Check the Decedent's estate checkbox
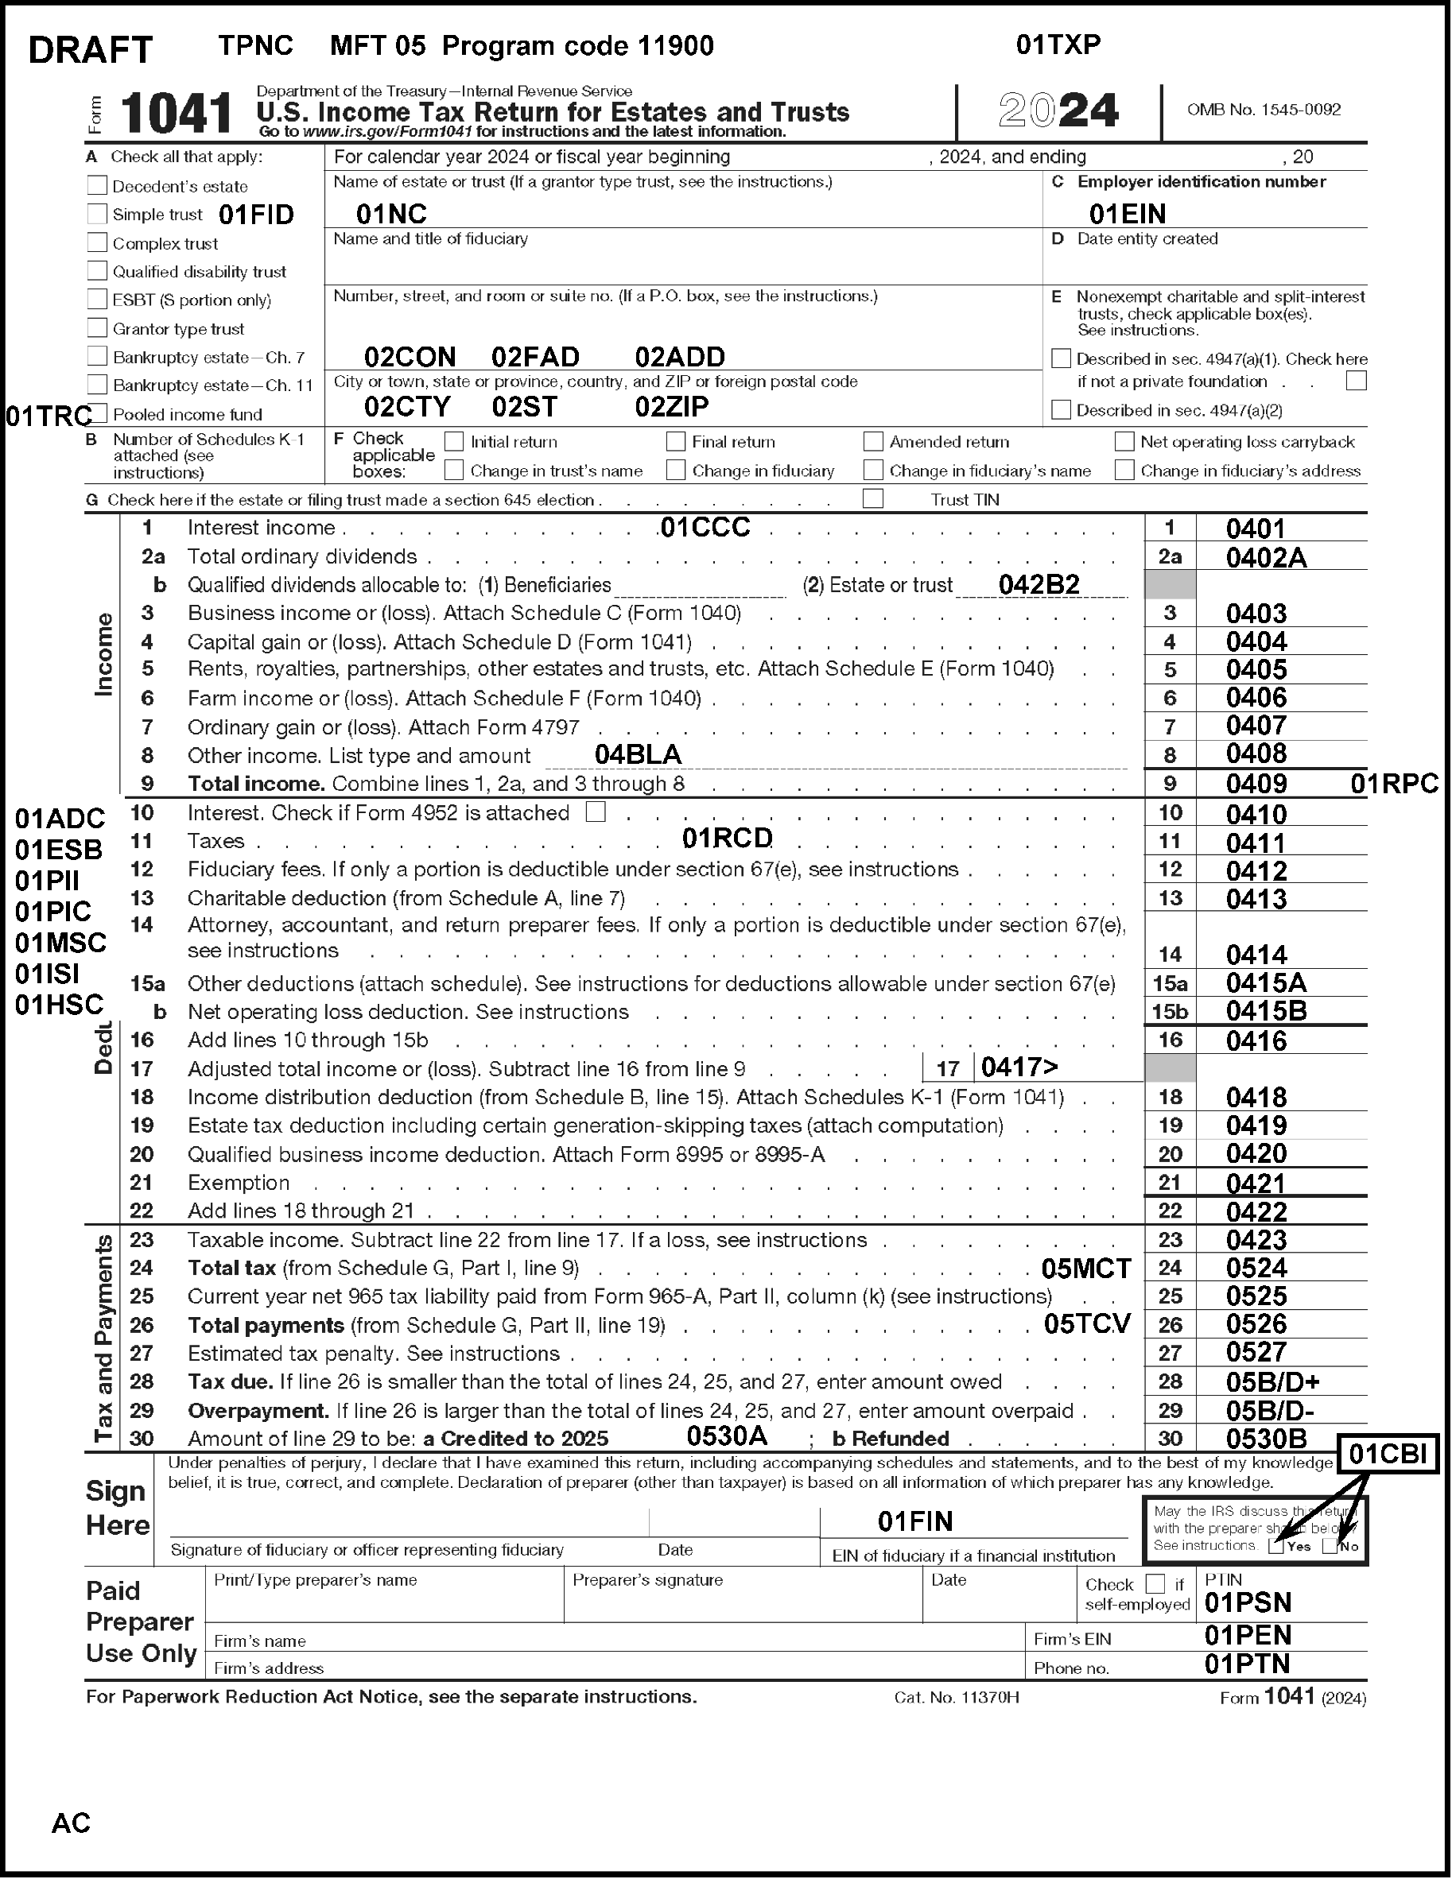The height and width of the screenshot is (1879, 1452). point(97,186)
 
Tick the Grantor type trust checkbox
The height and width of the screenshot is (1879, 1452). point(97,328)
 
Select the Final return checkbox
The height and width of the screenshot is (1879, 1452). point(676,442)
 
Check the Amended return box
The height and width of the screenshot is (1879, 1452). point(873,442)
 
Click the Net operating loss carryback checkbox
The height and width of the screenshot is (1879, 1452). point(1124,442)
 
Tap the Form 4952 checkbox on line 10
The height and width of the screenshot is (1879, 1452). point(596,812)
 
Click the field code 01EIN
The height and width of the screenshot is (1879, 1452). point(1127,213)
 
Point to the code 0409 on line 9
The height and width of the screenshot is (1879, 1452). point(1256,784)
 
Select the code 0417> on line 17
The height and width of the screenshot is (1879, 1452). point(1019,1067)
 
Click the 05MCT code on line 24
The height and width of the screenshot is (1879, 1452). point(1085,1268)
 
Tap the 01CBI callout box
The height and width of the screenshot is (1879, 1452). point(1387,1455)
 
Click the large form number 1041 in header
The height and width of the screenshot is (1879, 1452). point(177,114)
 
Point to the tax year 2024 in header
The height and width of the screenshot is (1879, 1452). point(1058,111)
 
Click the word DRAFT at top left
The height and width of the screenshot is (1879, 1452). point(91,51)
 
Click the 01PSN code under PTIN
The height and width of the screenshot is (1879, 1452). point(1247,1603)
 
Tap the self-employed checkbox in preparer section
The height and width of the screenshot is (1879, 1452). point(1156,1584)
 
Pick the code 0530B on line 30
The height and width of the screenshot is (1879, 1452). point(1266,1439)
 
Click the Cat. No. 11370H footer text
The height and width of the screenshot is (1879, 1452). point(957,1697)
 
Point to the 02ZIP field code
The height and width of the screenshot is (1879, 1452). point(671,406)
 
